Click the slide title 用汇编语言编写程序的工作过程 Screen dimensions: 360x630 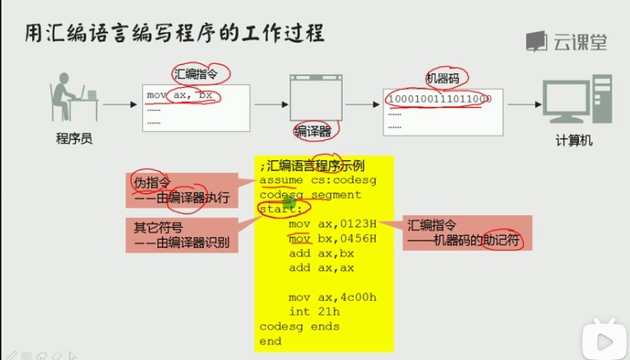pyautogui.click(x=172, y=34)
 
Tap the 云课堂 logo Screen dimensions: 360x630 pyautogui.click(x=567, y=41)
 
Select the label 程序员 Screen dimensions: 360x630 pyautogui.click(x=74, y=138)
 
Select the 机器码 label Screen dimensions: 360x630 pyautogui.click(x=442, y=78)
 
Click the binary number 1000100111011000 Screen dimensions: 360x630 pyautogui.click(x=438, y=99)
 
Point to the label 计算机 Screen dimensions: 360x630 pyautogui.click(x=574, y=141)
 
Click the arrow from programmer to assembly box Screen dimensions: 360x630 pyautogui.click(x=119, y=105)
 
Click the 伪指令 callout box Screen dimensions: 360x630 pyautogui.click(x=179, y=190)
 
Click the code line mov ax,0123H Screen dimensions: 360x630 pyautogui.click(x=332, y=224)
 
